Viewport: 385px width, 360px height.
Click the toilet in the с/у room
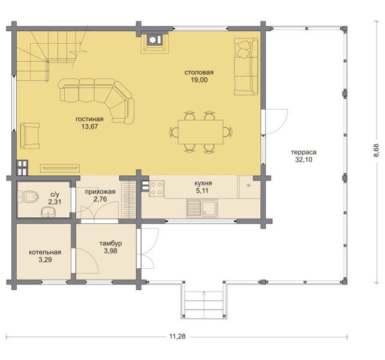(29, 197)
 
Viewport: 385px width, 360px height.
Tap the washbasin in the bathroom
(49, 212)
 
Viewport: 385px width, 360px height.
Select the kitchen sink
(202, 208)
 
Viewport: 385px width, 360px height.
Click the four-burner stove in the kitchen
(157, 188)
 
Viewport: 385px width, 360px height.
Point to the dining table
(201, 132)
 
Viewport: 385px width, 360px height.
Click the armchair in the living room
(30, 136)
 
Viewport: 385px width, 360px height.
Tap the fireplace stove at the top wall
(155, 43)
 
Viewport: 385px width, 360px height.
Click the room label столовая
(199, 73)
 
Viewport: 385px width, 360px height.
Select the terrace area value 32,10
(303, 160)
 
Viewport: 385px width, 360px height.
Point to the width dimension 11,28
(178, 336)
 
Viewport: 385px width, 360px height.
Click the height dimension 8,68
(376, 151)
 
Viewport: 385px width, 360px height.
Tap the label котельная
(45, 253)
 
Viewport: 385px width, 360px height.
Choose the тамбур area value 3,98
(110, 251)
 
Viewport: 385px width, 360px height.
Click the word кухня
(203, 184)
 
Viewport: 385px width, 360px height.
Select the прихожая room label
(100, 192)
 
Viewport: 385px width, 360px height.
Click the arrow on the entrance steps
(204, 305)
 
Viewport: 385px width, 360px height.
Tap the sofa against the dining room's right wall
(246, 67)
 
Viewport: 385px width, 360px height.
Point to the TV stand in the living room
(60, 168)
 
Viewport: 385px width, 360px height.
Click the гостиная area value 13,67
(89, 127)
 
